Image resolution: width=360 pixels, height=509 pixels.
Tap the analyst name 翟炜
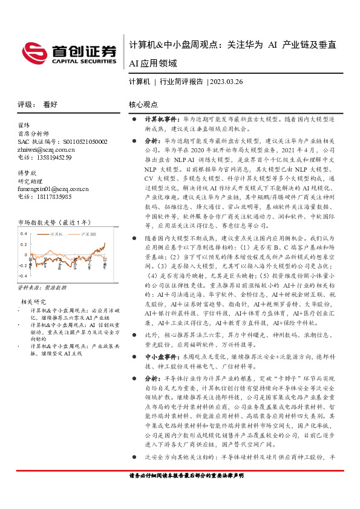(x=25, y=126)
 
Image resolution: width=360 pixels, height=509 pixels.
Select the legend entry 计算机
(x=57, y=233)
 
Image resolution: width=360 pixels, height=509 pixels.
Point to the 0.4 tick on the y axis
(x=24, y=233)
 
